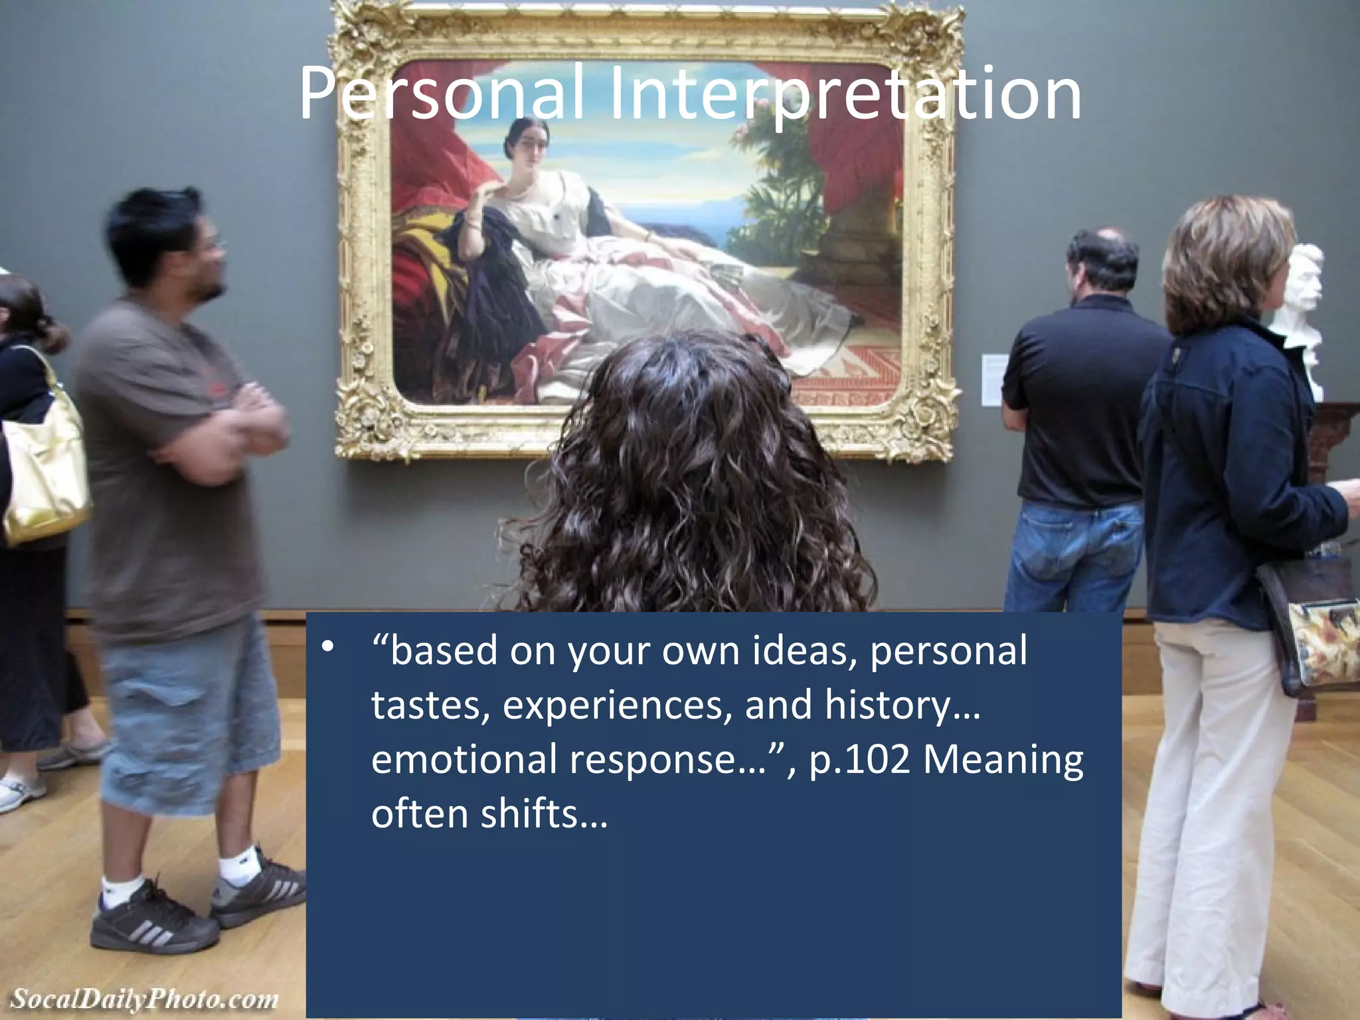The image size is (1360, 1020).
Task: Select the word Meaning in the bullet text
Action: tap(1003, 760)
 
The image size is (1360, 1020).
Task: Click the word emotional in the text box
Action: tap(464, 760)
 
